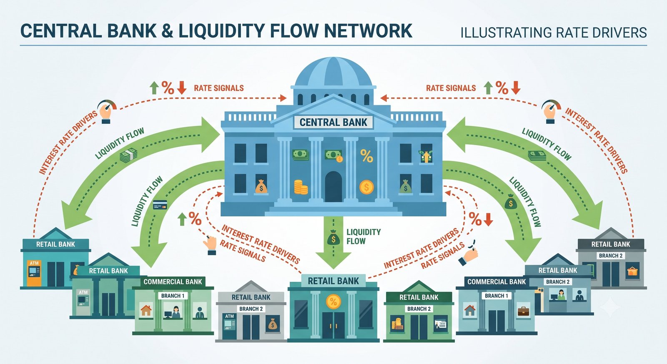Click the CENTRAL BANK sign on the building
pyautogui.click(x=333, y=122)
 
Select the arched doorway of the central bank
pyautogui.click(x=333, y=187)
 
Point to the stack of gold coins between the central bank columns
pyautogui.click(x=301, y=187)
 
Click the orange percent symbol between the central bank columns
pyautogui.click(x=366, y=156)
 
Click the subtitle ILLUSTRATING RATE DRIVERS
pyautogui.click(x=554, y=33)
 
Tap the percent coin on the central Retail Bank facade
pyautogui.click(x=333, y=302)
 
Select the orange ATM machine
pyautogui.click(x=34, y=273)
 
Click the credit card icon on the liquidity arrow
pyautogui.click(x=160, y=205)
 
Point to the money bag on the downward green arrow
pyautogui.click(x=333, y=237)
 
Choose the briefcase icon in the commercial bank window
pyautogui.click(x=524, y=311)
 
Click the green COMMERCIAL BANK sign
pyautogui.click(x=173, y=282)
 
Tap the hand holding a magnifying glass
pyautogui.click(x=469, y=254)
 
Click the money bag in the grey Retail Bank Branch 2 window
pyautogui.click(x=272, y=324)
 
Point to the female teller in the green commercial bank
pyautogui.click(x=176, y=312)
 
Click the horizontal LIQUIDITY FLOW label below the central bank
pyautogui.click(x=364, y=236)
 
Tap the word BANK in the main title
pyautogui.click(x=132, y=31)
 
